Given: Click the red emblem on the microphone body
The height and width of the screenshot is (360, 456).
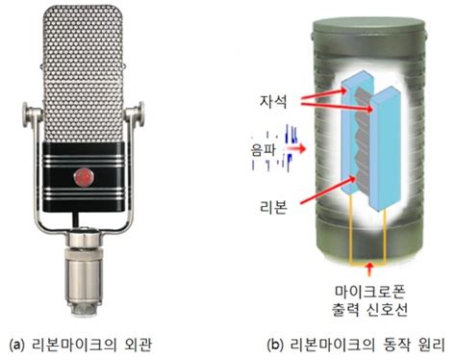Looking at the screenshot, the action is pos(84,177).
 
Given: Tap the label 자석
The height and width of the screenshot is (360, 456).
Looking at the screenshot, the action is pos(273,101).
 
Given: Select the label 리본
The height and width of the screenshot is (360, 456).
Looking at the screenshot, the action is pos(273,207).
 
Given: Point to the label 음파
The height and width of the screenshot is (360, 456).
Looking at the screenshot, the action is pos(264,149).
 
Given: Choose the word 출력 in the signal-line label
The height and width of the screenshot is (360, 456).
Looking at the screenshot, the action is pos(345,309).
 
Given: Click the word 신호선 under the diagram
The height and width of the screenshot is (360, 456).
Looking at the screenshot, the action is pos(387,309).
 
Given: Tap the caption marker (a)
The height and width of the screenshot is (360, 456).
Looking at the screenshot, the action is pos(17,346).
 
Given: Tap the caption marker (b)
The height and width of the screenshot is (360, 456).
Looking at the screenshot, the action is pos(275,346).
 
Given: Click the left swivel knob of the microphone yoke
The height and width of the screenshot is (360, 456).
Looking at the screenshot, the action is pos(30,115).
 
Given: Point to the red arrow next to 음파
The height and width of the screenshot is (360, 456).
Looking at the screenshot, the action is pos(295,149).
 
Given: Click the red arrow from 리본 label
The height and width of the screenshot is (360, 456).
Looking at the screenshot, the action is pos(327,190).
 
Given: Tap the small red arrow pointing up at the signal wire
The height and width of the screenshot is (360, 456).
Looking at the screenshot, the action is pos(370,270).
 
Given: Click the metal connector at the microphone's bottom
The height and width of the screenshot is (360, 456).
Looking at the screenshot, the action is pos(85,272).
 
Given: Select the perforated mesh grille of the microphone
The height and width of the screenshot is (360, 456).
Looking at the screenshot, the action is pos(83,74).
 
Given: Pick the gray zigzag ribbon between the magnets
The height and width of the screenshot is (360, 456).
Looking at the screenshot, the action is pos(363,142).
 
